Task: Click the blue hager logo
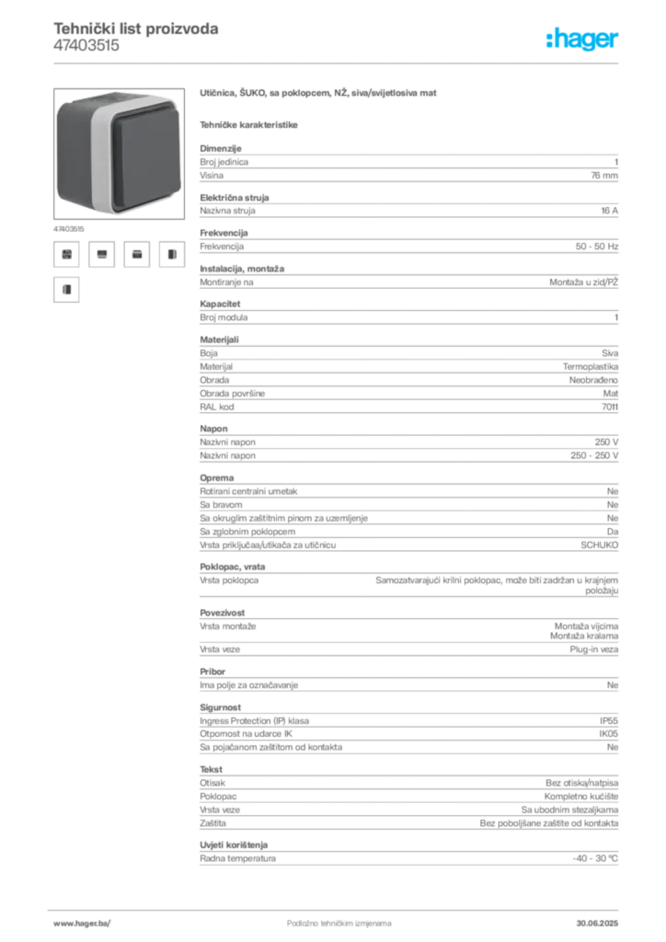point(583,40)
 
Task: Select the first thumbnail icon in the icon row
point(65,254)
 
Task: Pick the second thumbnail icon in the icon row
point(103,254)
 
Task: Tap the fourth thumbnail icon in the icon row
point(171,254)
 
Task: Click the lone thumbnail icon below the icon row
point(65,291)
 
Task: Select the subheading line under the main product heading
point(250,122)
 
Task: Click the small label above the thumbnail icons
point(70,226)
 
